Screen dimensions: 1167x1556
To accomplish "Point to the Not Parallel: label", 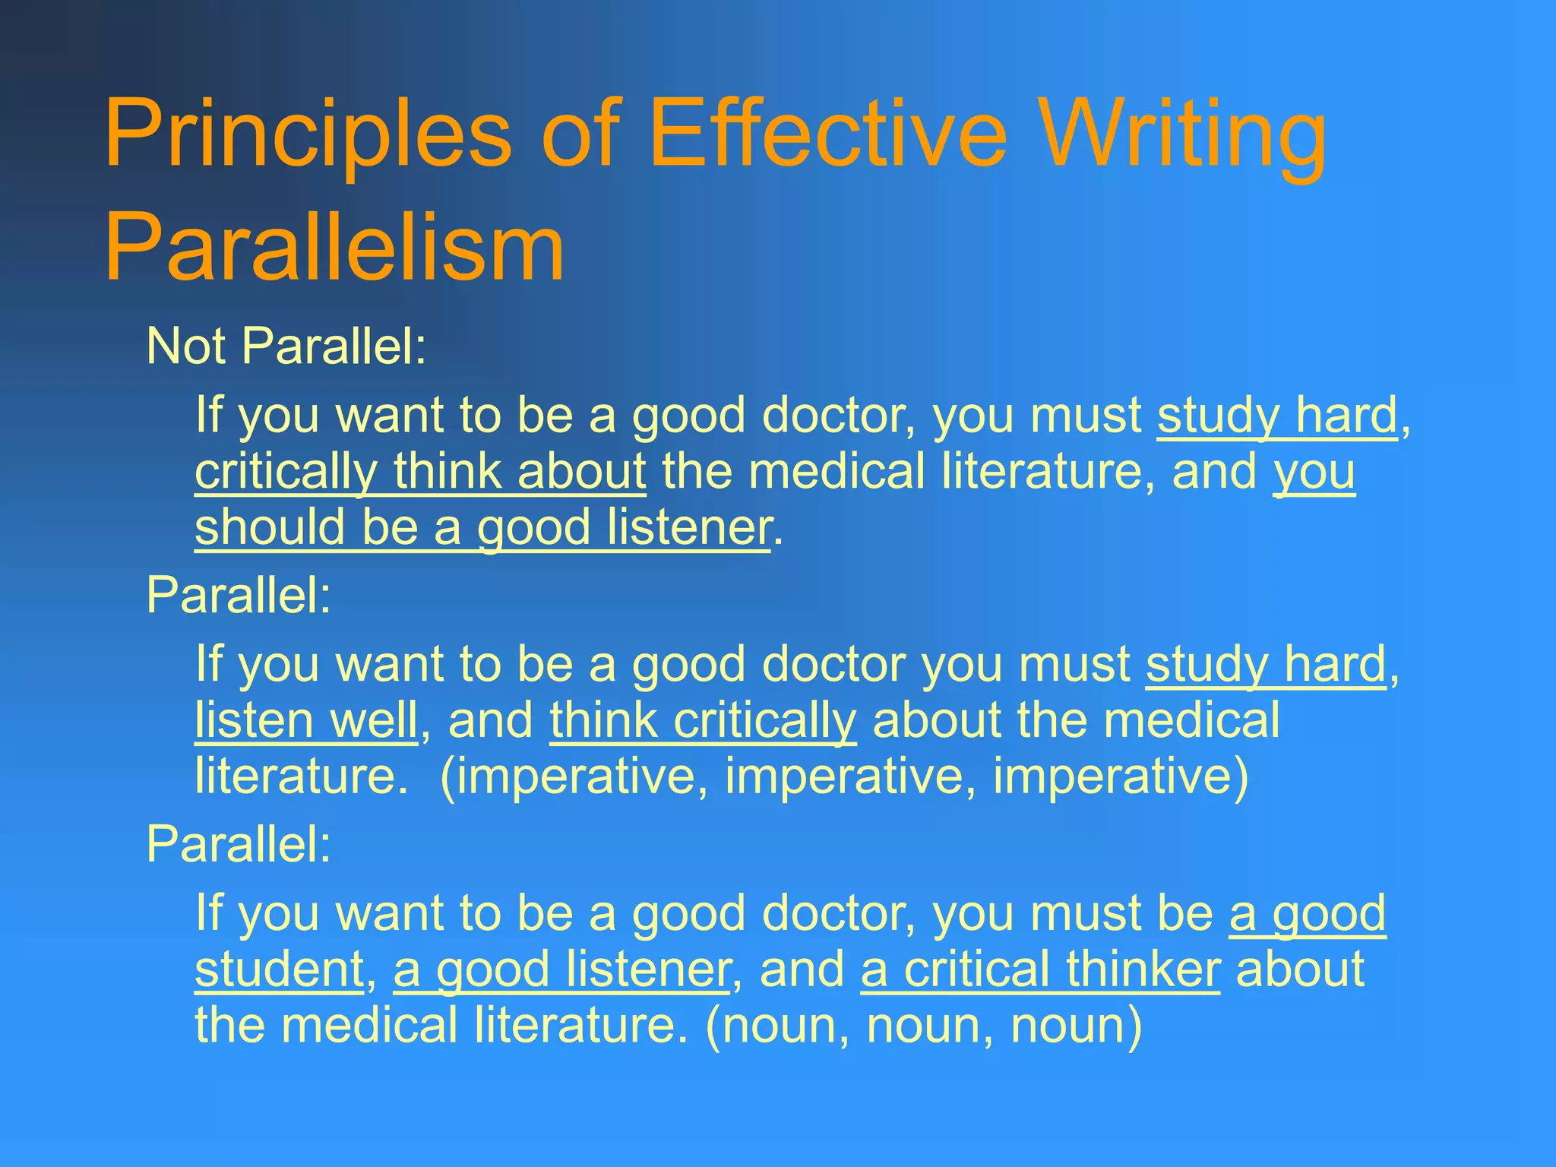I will pos(286,346).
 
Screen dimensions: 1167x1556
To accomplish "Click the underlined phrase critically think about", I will pos(420,472).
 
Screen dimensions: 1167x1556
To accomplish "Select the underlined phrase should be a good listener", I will pos(483,527).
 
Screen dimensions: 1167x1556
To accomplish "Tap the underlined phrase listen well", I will pos(306,720).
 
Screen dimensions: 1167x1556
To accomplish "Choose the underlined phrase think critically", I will pos(703,720).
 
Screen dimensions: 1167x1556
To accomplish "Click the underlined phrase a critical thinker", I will pos(1040,969).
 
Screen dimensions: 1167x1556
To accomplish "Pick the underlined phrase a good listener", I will pos(561,969).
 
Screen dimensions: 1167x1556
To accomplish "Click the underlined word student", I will pos(280,969).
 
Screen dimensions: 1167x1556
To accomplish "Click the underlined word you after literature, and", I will pos(1314,472).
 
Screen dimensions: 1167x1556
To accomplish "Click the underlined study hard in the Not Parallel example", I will pos(1276,416).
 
